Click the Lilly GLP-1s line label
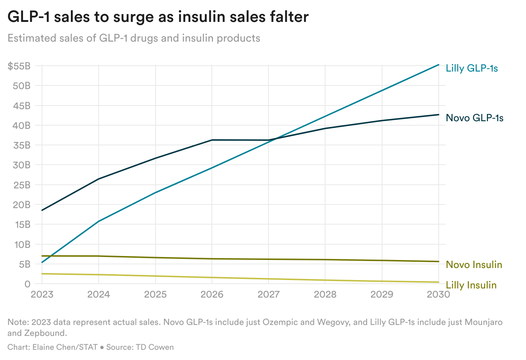[x=472, y=68]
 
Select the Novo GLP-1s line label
[x=474, y=118]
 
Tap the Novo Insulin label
[x=474, y=265]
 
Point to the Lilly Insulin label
[x=471, y=285]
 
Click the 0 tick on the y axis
[x=27, y=284]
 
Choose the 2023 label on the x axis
[x=42, y=294]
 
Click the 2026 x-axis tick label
[x=212, y=294]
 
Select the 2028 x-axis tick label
[x=325, y=294]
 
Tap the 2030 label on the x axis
[x=438, y=294]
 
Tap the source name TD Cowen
[x=155, y=347]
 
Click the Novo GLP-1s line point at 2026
[x=212, y=140]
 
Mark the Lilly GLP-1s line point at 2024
[x=99, y=221]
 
